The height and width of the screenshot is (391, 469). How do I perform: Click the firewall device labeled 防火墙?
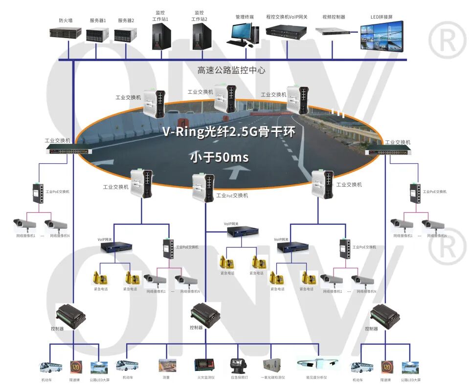(65, 34)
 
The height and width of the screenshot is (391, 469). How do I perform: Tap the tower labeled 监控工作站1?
(161, 36)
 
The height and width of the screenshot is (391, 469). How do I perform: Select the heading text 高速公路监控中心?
(231, 70)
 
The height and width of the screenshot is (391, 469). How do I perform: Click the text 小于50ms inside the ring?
(220, 157)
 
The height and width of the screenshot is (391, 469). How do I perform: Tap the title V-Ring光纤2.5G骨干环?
(229, 132)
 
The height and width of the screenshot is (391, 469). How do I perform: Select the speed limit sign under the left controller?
(75, 367)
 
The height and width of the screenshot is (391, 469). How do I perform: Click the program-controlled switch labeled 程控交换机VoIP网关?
(286, 31)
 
